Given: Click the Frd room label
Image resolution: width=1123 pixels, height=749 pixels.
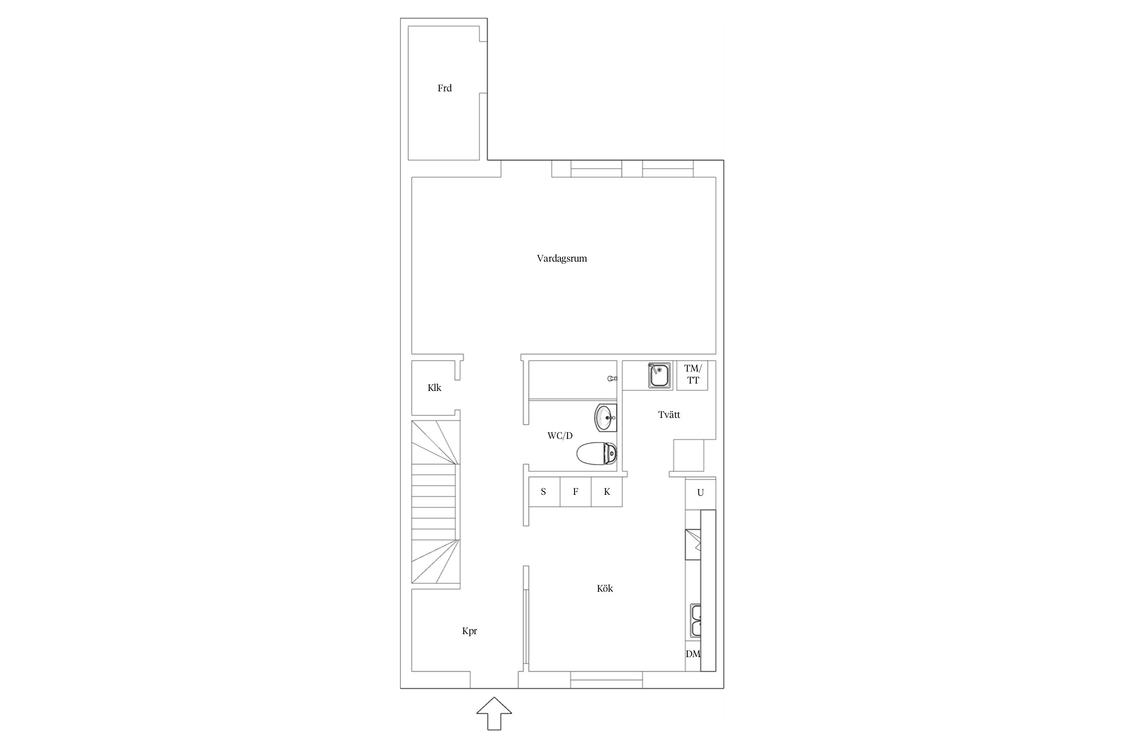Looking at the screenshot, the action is [x=445, y=88].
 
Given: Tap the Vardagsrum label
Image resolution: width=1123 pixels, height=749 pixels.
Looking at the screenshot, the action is [x=562, y=259].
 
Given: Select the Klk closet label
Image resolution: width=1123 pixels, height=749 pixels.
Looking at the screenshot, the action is [x=434, y=387].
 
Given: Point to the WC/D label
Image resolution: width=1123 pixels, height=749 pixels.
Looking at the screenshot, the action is [x=560, y=436].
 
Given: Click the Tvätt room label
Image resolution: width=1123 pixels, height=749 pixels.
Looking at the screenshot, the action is [x=669, y=414].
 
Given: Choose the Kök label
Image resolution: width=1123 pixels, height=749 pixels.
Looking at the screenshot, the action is [x=605, y=588].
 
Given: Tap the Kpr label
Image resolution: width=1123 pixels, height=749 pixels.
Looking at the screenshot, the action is [x=470, y=631].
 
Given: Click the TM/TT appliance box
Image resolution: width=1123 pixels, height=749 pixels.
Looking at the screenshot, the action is [x=692, y=375].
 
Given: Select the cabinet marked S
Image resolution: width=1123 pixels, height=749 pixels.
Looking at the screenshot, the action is [x=544, y=492].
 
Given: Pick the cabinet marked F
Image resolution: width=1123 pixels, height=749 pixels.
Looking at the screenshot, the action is [x=575, y=492].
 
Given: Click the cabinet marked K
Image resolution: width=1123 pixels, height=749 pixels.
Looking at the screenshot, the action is [x=607, y=492].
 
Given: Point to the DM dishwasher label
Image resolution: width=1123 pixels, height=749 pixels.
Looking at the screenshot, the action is [x=693, y=654].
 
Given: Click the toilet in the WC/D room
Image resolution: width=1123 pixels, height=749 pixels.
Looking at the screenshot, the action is [x=596, y=454].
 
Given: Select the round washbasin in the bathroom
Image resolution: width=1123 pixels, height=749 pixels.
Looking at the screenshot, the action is [x=605, y=417].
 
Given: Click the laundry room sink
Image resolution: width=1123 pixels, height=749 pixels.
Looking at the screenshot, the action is [x=659, y=375].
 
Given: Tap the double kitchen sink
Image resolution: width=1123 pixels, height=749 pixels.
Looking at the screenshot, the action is [x=696, y=620].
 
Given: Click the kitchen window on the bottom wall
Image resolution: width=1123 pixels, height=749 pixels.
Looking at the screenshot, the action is [x=606, y=680].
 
